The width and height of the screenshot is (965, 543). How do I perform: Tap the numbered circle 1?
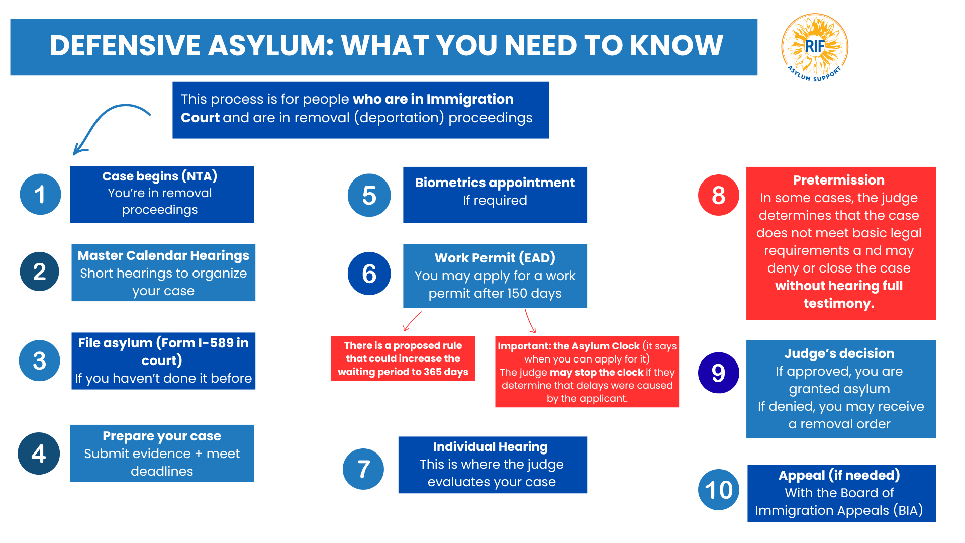(x=40, y=195)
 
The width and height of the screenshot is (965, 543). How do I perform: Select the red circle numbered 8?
(x=718, y=195)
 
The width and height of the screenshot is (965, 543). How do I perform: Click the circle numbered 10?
(x=718, y=490)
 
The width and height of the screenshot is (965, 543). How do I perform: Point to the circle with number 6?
(x=369, y=274)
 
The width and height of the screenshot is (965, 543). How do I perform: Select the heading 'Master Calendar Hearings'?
(x=163, y=255)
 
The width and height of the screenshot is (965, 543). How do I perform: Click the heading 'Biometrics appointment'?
(x=495, y=183)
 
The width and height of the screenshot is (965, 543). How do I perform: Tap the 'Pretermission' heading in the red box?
(x=838, y=180)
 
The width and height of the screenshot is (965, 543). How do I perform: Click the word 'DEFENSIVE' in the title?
(x=125, y=46)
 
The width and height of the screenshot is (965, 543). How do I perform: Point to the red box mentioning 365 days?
(x=403, y=358)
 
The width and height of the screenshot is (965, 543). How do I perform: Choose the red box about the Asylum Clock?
(x=587, y=372)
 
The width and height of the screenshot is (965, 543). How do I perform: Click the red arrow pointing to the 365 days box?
(x=412, y=321)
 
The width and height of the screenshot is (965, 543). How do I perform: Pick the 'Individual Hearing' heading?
(x=490, y=446)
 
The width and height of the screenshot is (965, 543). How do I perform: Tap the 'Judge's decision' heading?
(x=839, y=353)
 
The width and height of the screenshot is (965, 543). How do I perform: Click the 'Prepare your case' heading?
(x=162, y=436)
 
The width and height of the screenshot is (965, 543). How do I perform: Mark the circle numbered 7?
(x=363, y=469)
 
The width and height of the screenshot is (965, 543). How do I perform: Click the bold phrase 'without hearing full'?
(x=839, y=286)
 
